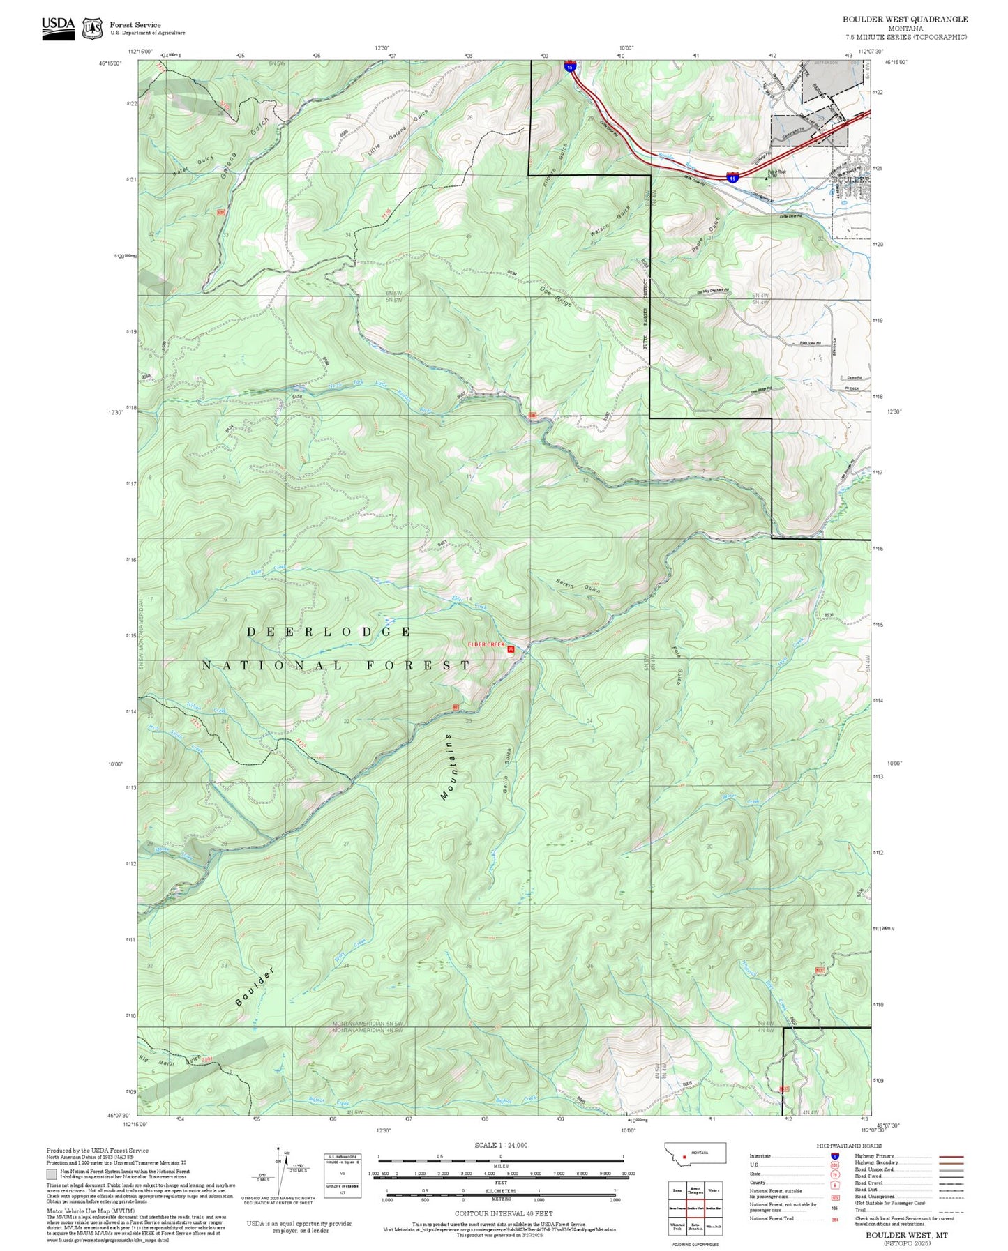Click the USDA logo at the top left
pyautogui.click(x=58, y=28)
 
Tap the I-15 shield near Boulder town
pyautogui.click(x=732, y=178)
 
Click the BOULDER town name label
pyautogui.click(x=851, y=179)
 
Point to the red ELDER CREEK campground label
pyautogui.click(x=486, y=644)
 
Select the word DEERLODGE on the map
pyautogui.click(x=329, y=632)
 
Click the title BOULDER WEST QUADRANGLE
pyautogui.click(x=905, y=20)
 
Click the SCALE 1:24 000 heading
pyautogui.click(x=500, y=1145)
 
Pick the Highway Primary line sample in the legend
pyautogui.click(x=951, y=1156)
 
